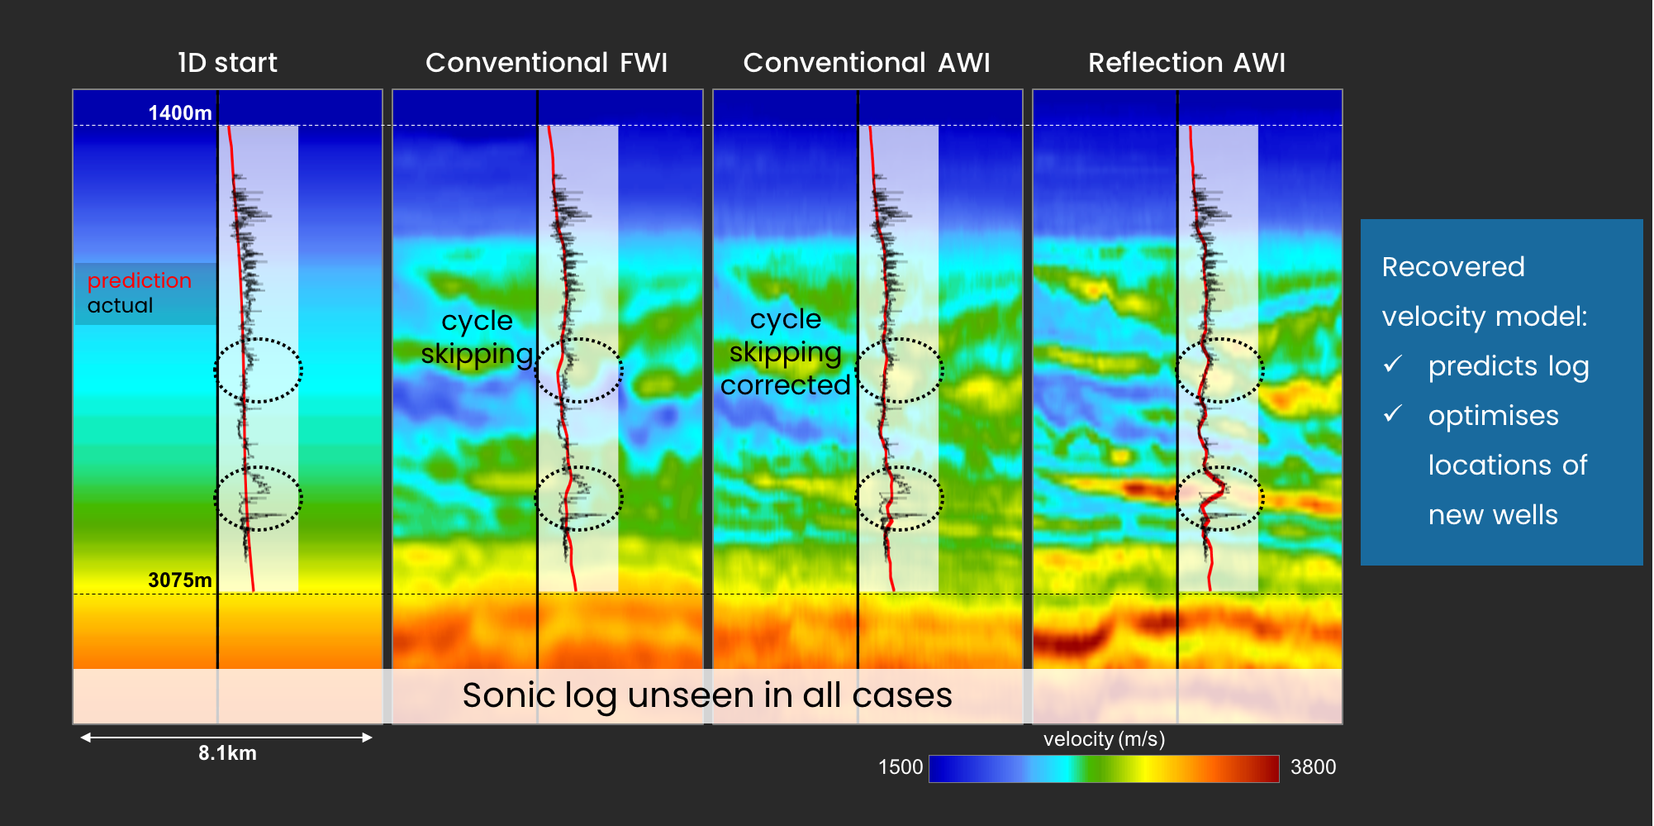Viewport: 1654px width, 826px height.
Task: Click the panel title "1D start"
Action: coord(227,63)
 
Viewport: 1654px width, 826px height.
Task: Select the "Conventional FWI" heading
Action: coord(546,63)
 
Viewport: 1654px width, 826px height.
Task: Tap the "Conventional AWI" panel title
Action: coord(867,63)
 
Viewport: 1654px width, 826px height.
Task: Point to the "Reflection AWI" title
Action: coord(1186,63)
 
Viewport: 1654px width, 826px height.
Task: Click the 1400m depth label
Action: coord(180,112)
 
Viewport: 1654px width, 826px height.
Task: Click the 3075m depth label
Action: coord(180,580)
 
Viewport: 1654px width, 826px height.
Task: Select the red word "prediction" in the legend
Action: coord(139,280)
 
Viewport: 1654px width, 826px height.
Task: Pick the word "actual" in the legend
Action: coord(120,305)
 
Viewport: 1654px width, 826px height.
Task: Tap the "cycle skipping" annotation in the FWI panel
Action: coord(477,337)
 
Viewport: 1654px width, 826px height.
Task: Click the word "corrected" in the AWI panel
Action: coord(785,384)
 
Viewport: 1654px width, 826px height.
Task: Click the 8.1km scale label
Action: coord(227,753)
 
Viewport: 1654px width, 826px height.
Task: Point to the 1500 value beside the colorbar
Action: coord(901,767)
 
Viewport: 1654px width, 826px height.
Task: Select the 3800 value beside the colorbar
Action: coord(1313,767)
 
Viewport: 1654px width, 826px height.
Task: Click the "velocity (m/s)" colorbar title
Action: coord(1104,739)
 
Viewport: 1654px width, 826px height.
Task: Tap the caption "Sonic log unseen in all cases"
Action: coord(707,695)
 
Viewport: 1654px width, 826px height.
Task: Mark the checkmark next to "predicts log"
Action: coord(1393,364)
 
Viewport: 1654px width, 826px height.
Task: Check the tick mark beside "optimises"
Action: coord(1393,413)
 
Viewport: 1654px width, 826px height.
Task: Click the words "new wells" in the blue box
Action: coord(1493,515)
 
